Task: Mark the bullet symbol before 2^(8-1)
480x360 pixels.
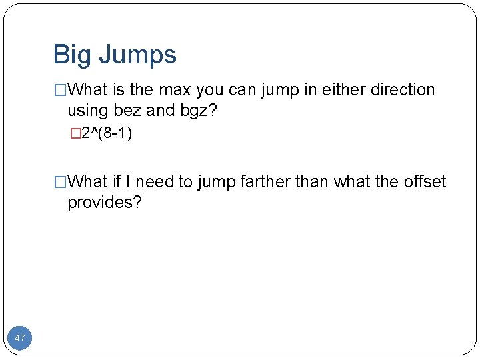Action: click(x=75, y=134)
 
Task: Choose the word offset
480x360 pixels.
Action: click(x=425, y=182)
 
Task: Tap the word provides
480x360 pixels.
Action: click(x=105, y=203)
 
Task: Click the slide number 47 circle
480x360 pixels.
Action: click(x=20, y=338)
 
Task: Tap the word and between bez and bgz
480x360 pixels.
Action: click(x=160, y=111)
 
